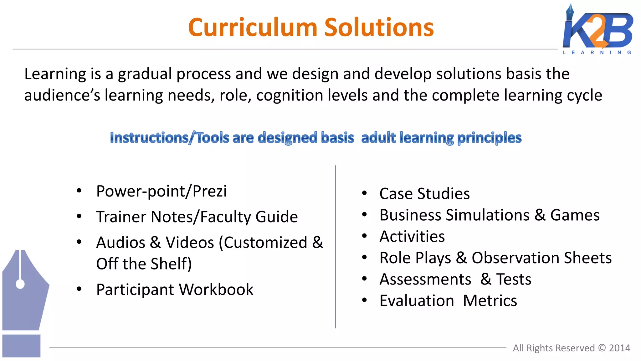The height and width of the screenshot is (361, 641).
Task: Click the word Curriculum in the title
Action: [253, 28]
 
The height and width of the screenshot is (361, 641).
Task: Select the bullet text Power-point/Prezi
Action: [161, 191]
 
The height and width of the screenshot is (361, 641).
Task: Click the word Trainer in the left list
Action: [121, 217]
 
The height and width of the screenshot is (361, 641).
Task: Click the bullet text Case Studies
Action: [424, 194]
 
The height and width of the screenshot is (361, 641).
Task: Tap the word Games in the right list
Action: [575, 215]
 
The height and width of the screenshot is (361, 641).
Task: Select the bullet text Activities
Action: [412, 237]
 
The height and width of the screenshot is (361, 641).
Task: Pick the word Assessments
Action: [425, 279]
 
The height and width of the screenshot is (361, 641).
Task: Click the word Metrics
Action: [490, 301]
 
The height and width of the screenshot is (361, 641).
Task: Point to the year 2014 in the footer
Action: [619, 348]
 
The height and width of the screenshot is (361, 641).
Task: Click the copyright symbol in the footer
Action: [602, 348]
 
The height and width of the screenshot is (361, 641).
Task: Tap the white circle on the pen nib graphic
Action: [20, 284]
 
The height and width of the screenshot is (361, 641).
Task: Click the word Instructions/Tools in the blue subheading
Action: [169, 138]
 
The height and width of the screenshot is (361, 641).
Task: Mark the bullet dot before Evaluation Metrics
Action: [364, 300]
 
